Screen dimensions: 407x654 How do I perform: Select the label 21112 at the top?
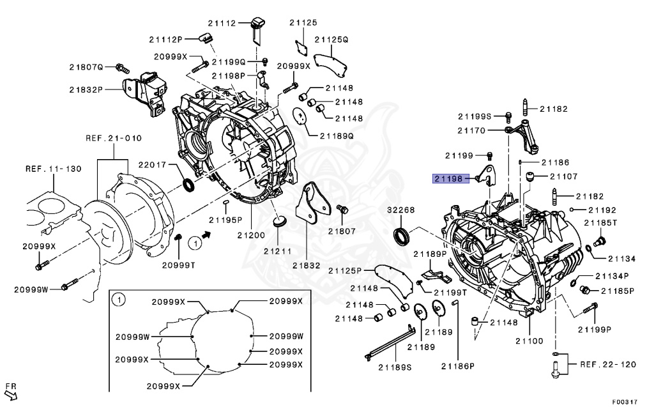[x=224, y=23]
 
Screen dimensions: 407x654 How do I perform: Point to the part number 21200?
[x=251, y=235]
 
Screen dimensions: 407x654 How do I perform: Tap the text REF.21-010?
[x=114, y=138]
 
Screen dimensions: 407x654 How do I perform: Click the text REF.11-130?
[x=54, y=169]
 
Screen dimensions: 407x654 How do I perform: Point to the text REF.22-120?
[x=608, y=364]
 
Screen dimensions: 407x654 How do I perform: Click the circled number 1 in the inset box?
[x=118, y=299]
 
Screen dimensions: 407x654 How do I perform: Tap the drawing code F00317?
[x=624, y=402]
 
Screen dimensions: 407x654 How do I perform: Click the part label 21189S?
[x=395, y=367]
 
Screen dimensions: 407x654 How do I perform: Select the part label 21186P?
[x=457, y=366]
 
